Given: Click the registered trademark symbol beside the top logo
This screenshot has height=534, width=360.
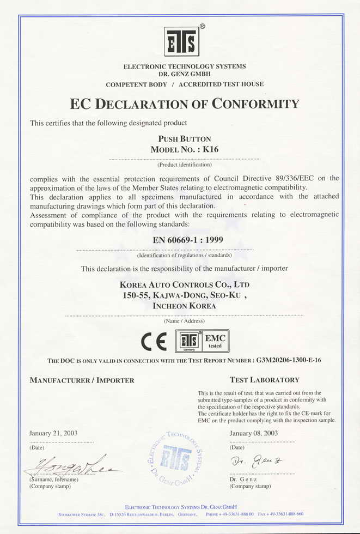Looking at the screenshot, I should coord(202,26).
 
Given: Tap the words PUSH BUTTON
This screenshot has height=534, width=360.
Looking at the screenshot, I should coord(184,139).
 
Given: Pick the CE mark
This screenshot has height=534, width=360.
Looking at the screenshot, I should coord(154,342).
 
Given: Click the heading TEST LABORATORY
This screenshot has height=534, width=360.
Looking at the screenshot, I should coord(264,380).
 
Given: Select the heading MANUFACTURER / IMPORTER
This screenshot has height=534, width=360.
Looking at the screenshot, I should coord(82,380).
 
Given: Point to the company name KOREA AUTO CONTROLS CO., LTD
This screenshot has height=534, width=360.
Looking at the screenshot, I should coord(185,284).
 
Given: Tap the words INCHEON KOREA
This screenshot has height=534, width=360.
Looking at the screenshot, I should coord(184,306).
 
